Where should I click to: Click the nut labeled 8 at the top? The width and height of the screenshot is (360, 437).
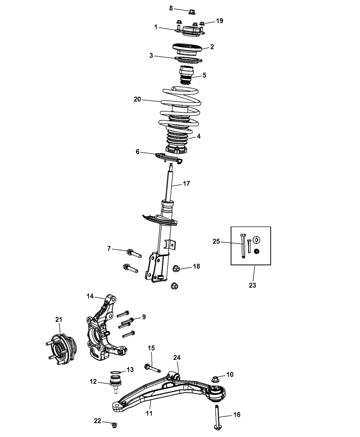click(192, 12)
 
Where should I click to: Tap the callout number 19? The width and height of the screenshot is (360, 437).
click(219, 21)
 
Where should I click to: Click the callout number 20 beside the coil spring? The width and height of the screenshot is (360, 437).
click(137, 99)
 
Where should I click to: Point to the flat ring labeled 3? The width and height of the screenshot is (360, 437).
click(188, 60)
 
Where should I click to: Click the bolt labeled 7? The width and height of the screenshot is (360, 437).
click(134, 253)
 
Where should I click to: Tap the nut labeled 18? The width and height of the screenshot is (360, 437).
click(176, 268)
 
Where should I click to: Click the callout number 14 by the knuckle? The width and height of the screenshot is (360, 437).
click(90, 296)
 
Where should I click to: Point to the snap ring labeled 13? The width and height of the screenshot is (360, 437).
click(115, 372)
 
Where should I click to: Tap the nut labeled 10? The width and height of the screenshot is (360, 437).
click(215, 379)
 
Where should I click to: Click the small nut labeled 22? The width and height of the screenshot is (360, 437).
click(115, 425)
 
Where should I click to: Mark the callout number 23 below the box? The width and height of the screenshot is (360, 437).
click(252, 285)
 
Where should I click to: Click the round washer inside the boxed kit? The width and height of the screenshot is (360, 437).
click(256, 240)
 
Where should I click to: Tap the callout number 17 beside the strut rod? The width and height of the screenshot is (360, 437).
click(187, 184)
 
